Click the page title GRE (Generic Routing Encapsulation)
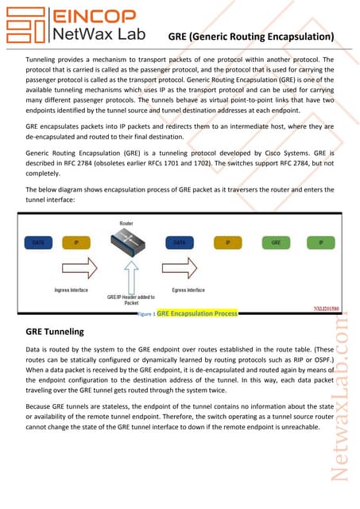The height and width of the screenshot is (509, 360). (250, 37)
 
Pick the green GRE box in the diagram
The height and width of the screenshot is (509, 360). (275, 242)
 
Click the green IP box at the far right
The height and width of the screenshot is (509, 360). (319, 242)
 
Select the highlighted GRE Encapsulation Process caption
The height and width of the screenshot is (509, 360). (197, 314)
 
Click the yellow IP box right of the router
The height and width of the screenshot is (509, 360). (228, 242)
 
